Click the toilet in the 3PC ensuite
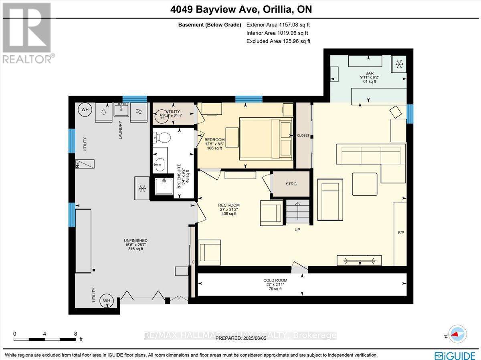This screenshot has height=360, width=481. pos(162,137)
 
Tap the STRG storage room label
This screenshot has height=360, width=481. pos(291,184)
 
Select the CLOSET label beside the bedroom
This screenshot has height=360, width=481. pos(303,135)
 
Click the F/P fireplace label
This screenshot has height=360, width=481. pos(401,232)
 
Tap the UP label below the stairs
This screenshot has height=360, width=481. pos(297,230)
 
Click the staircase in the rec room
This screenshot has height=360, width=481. pos(297,213)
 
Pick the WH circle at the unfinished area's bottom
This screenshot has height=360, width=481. pos(107,300)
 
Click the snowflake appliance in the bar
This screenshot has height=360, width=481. pos(399,63)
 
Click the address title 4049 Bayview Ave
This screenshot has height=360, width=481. pos(240,9)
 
